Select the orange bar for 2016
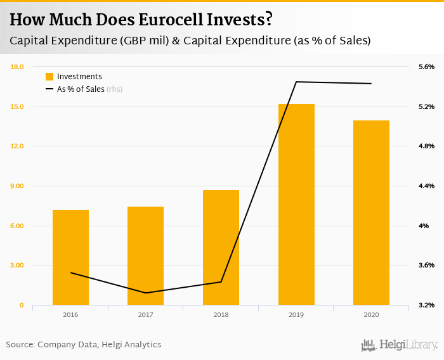(70, 257)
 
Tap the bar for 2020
(371, 212)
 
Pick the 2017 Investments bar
(145, 255)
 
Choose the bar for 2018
(221, 247)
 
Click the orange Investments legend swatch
(49, 77)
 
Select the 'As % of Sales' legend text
(81, 89)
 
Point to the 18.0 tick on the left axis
(17, 67)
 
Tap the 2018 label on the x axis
(221, 314)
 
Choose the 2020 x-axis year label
(371, 314)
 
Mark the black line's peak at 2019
(296, 82)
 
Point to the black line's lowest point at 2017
(145, 293)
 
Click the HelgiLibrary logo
(400, 345)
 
